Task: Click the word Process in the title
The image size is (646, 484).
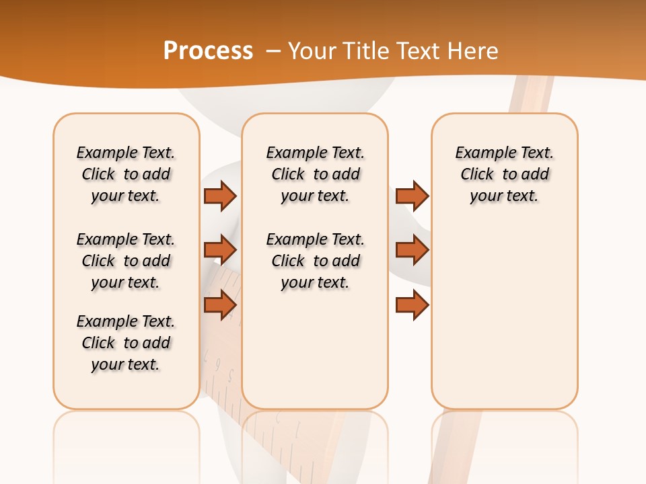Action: click(208, 51)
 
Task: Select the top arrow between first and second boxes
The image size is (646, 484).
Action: click(220, 196)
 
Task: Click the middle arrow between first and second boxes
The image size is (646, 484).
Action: click(220, 250)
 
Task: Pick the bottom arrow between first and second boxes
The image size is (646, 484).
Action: click(220, 305)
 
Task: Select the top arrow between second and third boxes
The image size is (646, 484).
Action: click(412, 196)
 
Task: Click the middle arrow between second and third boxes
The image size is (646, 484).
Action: click(412, 250)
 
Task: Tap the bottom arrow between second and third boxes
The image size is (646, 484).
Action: click(412, 305)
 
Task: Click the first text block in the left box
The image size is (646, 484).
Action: click(126, 174)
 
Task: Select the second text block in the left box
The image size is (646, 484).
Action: click(126, 261)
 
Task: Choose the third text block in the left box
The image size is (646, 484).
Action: click(126, 343)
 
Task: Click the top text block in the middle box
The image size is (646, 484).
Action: click(315, 174)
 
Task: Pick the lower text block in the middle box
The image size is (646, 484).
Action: click(315, 261)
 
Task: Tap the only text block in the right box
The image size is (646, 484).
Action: click(504, 174)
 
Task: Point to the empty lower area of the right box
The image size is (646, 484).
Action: click(504, 316)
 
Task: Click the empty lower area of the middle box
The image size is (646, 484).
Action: click(315, 350)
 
